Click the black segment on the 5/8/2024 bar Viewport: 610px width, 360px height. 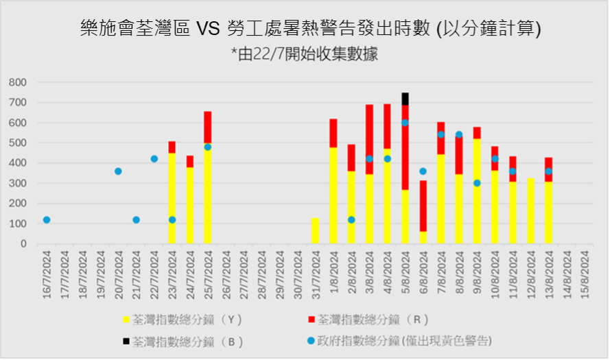point(405,98)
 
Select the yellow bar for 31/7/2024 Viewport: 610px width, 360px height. point(315,230)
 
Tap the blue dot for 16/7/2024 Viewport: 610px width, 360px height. point(47,219)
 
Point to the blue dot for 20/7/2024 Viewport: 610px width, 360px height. point(118,171)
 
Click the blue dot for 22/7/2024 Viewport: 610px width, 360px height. point(154,158)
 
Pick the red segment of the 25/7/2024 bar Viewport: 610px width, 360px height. point(208,127)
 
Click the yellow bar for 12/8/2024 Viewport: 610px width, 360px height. point(530,211)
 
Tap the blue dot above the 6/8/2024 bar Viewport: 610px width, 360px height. point(423,171)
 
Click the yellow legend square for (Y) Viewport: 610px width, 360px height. point(126,320)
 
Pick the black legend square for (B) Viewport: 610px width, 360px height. point(126,340)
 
